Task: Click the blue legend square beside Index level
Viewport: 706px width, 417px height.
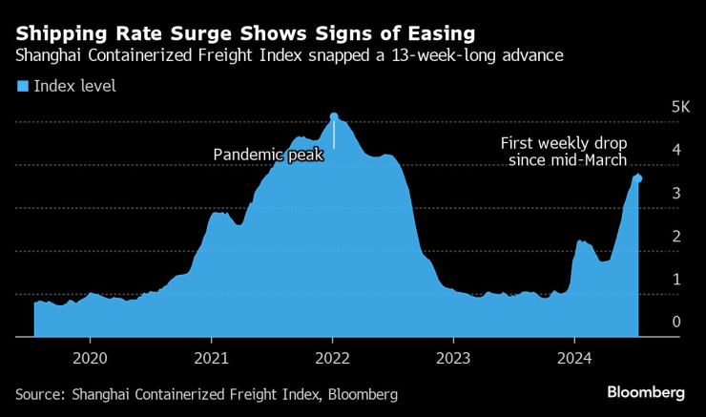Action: coord(23,87)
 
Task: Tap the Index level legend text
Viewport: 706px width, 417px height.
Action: coord(74,87)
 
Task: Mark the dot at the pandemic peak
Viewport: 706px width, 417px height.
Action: coord(334,116)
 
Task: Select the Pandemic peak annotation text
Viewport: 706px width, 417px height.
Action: coord(268,154)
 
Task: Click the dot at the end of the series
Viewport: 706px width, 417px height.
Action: coord(638,178)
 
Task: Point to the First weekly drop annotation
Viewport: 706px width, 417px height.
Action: coord(564,152)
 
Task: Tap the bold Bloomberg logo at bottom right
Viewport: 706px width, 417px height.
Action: coord(647,393)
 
